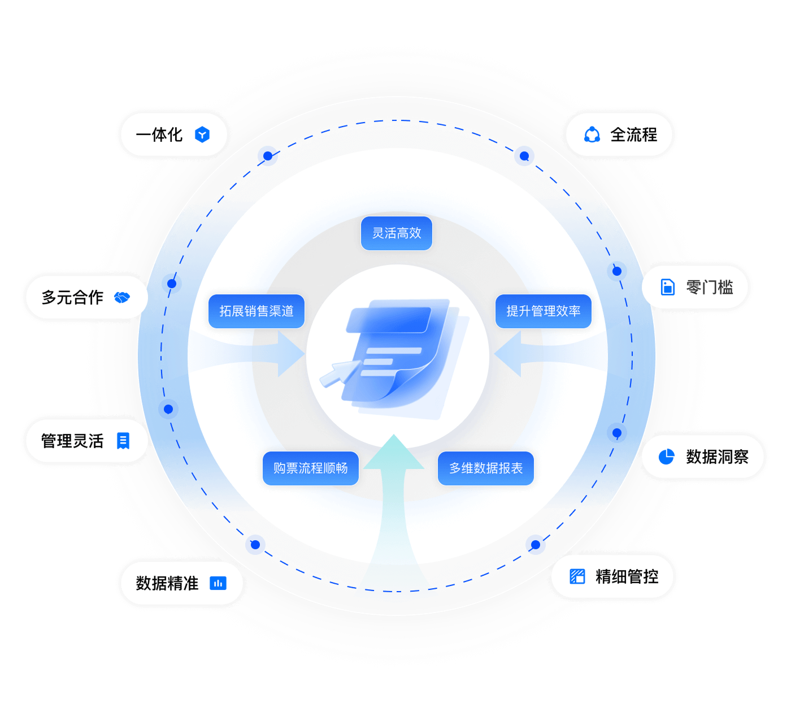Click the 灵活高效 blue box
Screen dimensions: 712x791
pyautogui.click(x=396, y=233)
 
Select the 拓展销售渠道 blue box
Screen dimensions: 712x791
pyautogui.click(x=257, y=311)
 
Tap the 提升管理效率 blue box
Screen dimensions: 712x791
pyautogui.click(x=543, y=311)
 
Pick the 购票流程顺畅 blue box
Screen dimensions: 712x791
pyautogui.click(x=310, y=468)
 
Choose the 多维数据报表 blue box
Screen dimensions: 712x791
pyautogui.click(x=486, y=468)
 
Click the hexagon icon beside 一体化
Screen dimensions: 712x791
pyautogui.click(x=202, y=134)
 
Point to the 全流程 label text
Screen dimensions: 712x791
pyautogui.click(x=634, y=134)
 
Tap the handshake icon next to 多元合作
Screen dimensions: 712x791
pyautogui.click(x=122, y=297)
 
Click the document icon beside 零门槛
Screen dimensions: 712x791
pyautogui.click(x=667, y=287)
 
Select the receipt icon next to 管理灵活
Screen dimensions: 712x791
pyautogui.click(x=123, y=441)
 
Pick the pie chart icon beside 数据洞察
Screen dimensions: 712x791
pyautogui.click(x=667, y=457)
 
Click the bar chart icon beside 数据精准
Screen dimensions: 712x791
pyautogui.click(x=218, y=583)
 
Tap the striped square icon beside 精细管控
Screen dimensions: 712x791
pyautogui.click(x=577, y=576)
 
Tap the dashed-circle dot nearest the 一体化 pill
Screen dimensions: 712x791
pyautogui.click(x=268, y=156)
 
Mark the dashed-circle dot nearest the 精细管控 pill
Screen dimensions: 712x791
pyautogui.click(x=536, y=545)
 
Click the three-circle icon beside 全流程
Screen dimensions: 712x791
pyautogui.click(x=592, y=134)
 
